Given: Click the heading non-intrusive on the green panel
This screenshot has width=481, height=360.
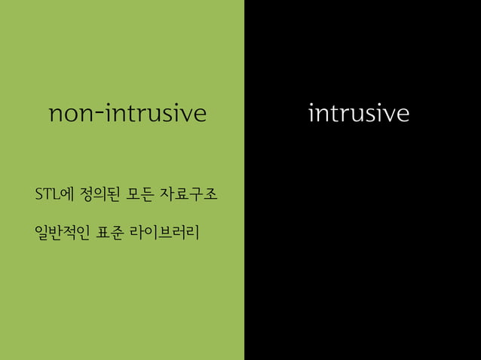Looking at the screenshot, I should (x=127, y=114).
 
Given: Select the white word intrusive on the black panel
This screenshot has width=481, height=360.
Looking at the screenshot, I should (x=360, y=114).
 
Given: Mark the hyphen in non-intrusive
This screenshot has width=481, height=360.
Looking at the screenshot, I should (x=102, y=116).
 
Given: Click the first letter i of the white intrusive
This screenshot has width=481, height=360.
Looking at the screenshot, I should (x=312, y=114).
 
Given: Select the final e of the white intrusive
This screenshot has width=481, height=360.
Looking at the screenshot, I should (x=403, y=116).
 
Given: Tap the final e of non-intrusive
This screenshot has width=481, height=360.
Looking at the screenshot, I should (x=198, y=116).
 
